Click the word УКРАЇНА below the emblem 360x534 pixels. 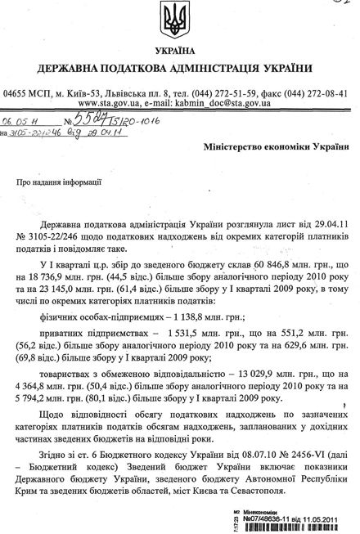(179, 51)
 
